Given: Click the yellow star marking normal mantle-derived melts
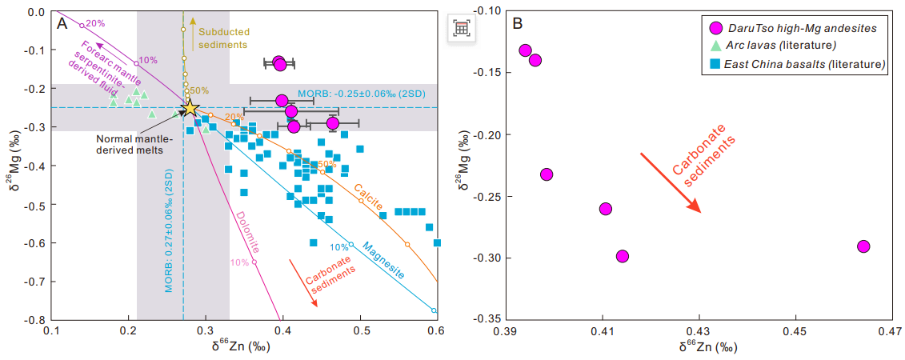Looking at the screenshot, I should (190, 108).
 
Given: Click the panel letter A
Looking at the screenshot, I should (62, 23).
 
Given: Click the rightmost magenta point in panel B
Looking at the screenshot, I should (863, 246).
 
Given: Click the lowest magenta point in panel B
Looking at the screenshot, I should (623, 256).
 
